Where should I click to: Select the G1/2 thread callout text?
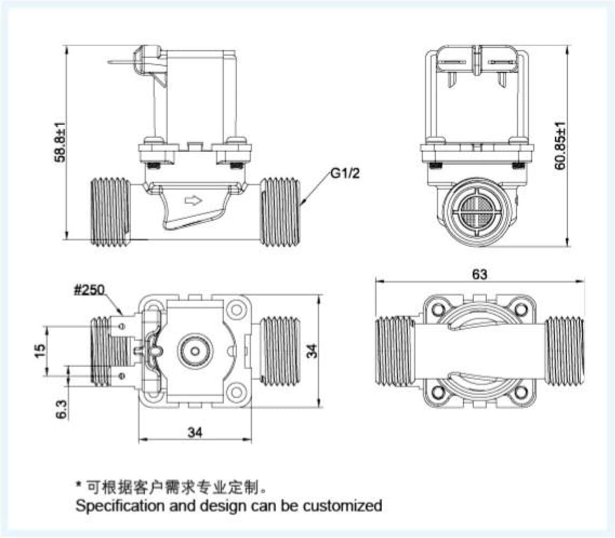pos(345,173)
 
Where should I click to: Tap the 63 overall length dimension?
pos(479,274)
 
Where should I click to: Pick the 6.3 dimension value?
pos(61,409)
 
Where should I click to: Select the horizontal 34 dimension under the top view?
pos(196,432)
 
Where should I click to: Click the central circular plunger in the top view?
pos(194,351)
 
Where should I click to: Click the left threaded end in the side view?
pos(109,211)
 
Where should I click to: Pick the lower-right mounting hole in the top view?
pos(235,392)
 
